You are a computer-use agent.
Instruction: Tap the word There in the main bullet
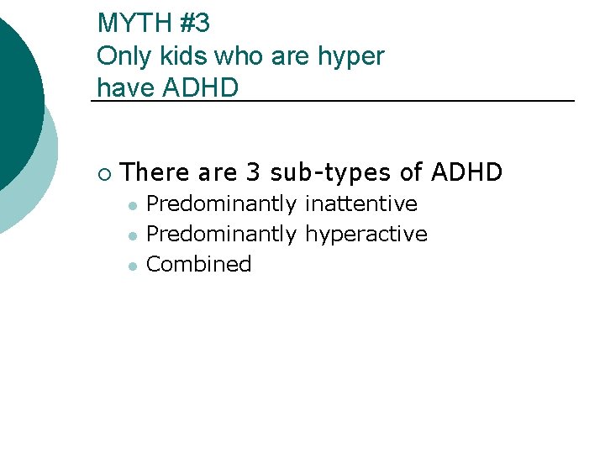[x=156, y=173]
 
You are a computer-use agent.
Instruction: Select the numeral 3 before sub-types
[x=253, y=173]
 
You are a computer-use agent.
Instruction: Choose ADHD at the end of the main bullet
[x=466, y=173]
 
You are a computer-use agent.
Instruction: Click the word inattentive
[x=360, y=203]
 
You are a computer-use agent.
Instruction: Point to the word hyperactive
[x=366, y=235]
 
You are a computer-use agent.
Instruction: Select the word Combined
[x=199, y=264]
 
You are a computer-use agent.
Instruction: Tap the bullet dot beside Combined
[x=132, y=265]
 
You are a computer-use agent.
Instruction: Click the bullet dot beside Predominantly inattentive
[x=132, y=204]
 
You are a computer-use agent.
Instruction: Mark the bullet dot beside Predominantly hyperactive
[x=132, y=235]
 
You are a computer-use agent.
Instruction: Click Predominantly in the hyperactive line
[x=222, y=235]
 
